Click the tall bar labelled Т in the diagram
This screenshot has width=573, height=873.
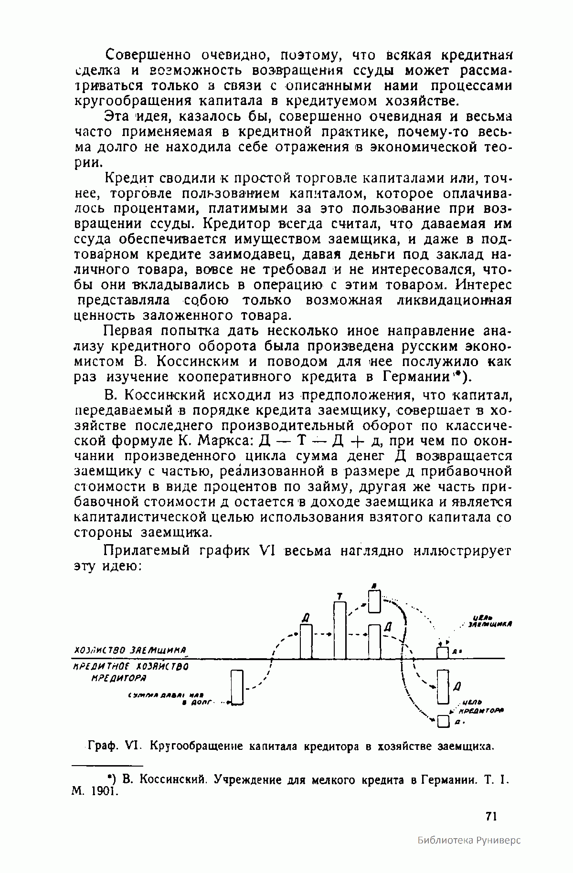click(340, 630)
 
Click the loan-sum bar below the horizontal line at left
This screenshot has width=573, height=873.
click(237, 687)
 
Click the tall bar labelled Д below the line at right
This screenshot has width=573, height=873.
click(444, 687)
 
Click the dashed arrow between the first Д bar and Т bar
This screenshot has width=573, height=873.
click(322, 634)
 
